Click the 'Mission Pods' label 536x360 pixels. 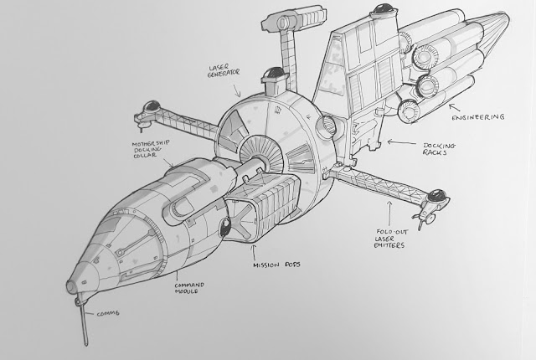pos(276,267)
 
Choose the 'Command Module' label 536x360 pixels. pos(192,289)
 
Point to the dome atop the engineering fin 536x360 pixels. pos(379,12)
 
